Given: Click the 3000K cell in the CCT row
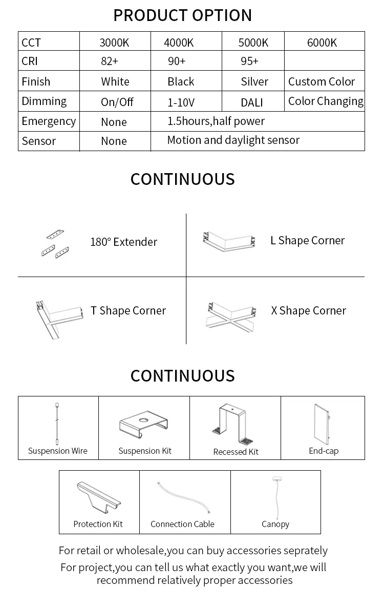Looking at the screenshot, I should [x=114, y=43].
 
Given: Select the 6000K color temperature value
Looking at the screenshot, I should [x=322, y=43].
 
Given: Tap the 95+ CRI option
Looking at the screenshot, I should [x=249, y=61].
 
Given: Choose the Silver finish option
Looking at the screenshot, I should [x=254, y=82].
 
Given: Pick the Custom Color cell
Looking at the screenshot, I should [x=322, y=82].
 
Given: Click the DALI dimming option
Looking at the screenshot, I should [x=251, y=102].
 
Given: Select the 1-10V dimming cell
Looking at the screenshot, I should [x=181, y=102].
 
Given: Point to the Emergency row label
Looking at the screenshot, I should [x=49, y=121].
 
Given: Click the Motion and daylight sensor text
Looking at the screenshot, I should [x=233, y=140].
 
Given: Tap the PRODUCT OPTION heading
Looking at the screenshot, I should [x=182, y=15].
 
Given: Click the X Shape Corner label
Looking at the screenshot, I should [x=308, y=311].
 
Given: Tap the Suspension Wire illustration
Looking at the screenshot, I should [x=57, y=424].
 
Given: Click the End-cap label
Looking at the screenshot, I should [x=324, y=451].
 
